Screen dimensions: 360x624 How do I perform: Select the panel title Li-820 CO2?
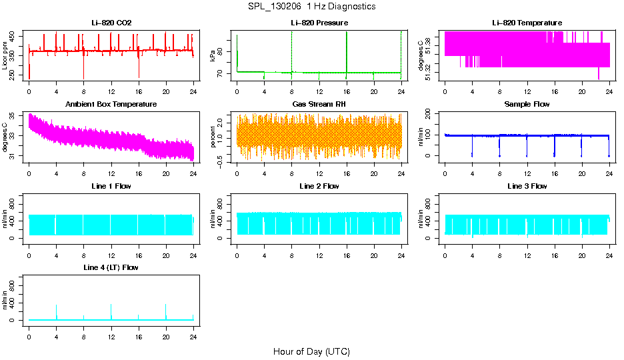111,23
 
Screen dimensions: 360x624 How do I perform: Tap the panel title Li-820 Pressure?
319,23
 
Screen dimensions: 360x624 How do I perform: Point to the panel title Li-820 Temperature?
527,23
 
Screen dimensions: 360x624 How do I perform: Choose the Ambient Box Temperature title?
111,105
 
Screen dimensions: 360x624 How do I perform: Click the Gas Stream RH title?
319,105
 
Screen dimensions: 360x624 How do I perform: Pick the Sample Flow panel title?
527,105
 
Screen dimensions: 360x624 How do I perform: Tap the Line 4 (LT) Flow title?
111,267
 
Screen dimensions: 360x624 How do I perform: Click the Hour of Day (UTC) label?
311,351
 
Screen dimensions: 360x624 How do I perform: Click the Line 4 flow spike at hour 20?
166,311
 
